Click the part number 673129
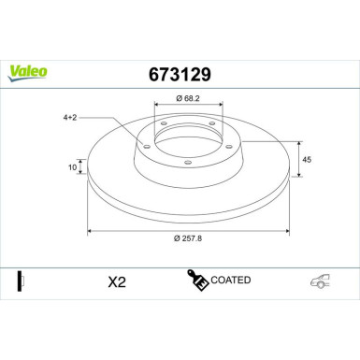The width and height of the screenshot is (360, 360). pyautogui.click(x=179, y=71)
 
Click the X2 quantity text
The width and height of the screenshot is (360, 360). pyautogui.click(x=117, y=282)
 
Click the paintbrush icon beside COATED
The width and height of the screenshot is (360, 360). pyautogui.click(x=197, y=281)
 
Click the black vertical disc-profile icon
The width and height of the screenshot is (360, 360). pyautogui.click(x=19, y=281)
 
